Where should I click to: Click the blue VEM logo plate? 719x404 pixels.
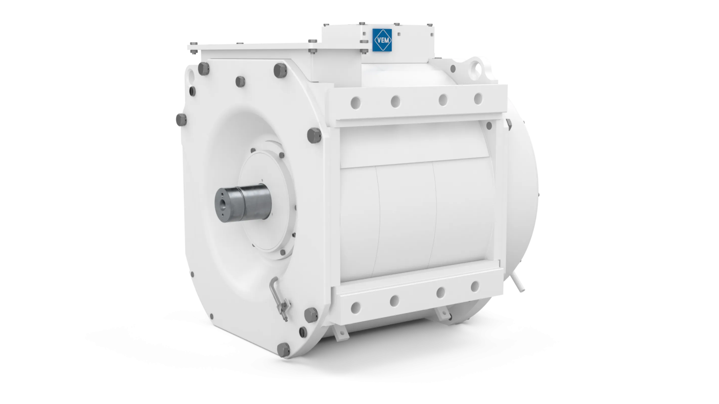tap(382, 40)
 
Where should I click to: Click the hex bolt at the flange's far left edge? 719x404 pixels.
tap(180, 120)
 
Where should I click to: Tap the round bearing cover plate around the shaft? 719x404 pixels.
tap(265, 201)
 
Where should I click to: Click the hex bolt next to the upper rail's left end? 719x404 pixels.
tap(314, 135)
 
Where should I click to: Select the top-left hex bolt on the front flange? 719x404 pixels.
tap(204, 69)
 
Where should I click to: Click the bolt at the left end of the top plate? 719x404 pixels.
tap(193, 44)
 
